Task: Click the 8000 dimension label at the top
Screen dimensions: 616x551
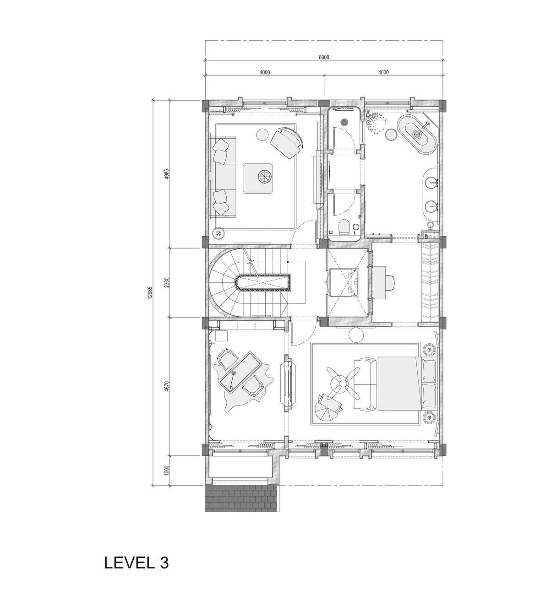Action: [x=324, y=57]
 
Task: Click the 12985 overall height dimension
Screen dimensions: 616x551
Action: [x=150, y=293]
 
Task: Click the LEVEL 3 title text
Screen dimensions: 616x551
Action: [x=136, y=562]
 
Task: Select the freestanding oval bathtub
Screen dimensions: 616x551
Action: [x=417, y=134]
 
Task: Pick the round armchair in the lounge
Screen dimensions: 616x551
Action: [x=287, y=142]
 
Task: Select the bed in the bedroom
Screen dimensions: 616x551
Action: [x=398, y=384]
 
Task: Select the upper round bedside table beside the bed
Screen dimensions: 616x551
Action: [x=429, y=350]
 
